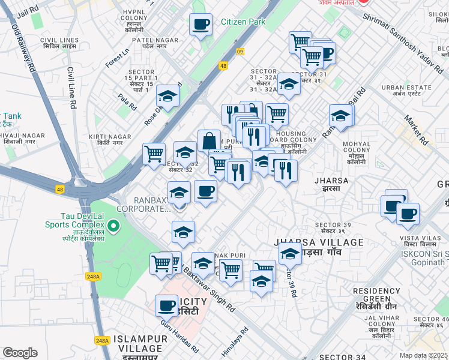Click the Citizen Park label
[243, 22]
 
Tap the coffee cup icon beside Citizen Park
[200, 25]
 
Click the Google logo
[20, 353]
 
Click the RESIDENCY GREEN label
[376, 295]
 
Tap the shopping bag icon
[209, 142]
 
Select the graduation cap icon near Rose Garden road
[168, 96]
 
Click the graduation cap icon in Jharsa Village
[290, 253]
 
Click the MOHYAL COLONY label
[357, 148]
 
